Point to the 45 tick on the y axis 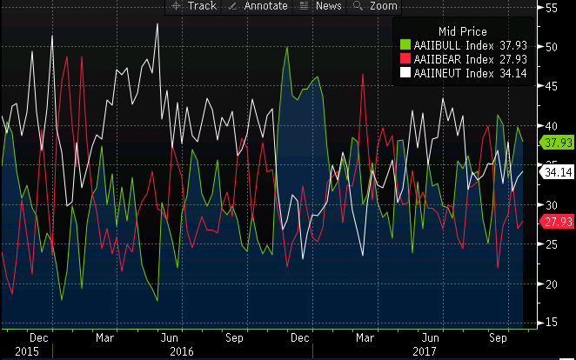[x=551, y=85]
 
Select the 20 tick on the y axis [x=551, y=283]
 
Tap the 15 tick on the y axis [x=551, y=323]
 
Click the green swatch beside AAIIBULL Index [x=405, y=43]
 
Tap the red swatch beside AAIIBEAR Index [x=405, y=58]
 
